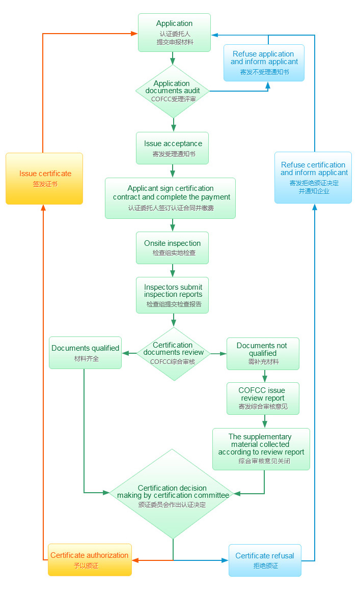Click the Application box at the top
pos(174,32)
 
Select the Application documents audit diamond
pos(174,91)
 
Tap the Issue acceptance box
pos(173,148)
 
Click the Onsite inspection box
pos(173,248)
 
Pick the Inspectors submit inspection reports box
pos(173,295)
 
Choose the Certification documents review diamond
pos(174,353)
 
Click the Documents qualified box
pos(85,353)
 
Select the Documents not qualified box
pos(262,353)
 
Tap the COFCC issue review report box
pos(262,399)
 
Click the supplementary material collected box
pos(261,449)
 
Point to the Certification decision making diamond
pos(173,494)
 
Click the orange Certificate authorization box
pos(90,560)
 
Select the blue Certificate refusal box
pos(265,560)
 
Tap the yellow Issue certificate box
pos(44,178)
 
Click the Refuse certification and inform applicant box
pos(313,178)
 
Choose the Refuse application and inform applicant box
pos(264,63)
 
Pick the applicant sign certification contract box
pos(171,198)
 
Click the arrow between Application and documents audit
pos(174,58)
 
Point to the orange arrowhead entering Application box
pos(134,34)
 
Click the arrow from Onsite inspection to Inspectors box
pos(173,270)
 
